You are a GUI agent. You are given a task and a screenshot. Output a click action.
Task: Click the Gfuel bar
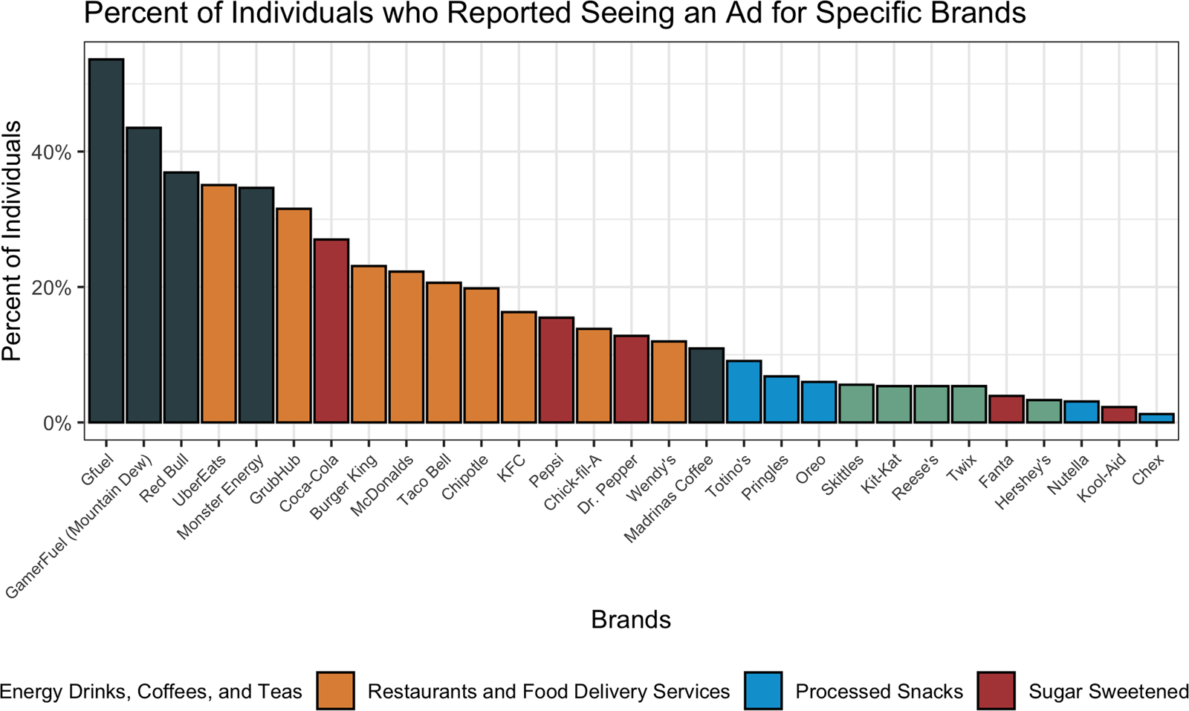click(106, 241)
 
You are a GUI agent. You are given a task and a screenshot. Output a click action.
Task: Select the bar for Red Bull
click(181, 297)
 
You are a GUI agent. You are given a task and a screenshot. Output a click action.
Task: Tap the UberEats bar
click(218, 304)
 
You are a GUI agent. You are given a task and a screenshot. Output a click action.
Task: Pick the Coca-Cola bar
click(331, 331)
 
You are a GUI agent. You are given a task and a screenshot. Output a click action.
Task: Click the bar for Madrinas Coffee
click(707, 385)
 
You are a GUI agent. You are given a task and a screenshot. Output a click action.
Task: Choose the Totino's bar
click(744, 392)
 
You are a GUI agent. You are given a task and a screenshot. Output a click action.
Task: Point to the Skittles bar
click(857, 403)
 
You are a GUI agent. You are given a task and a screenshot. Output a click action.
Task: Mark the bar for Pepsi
click(557, 370)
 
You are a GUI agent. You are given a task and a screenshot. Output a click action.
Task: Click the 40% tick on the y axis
click(51, 152)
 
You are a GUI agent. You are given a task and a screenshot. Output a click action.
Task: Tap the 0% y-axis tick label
click(56, 423)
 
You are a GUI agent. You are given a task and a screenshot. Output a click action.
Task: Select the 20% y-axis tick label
click(51, 288)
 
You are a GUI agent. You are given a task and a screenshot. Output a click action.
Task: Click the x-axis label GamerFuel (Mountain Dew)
click(80, 527)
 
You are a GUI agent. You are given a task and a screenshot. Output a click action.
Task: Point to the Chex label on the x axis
click(1148, 470)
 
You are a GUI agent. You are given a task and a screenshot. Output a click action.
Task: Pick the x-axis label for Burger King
click(343, 487)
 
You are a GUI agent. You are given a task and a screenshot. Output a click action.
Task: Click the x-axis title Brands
click(631, 620)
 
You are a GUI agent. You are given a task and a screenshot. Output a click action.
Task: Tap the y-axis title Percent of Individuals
click(13, 241)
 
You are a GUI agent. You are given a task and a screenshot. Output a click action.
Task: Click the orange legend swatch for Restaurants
click(335, 691)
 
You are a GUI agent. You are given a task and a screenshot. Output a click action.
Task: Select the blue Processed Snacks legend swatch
click(762, 691)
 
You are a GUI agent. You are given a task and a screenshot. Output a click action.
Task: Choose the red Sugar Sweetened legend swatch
click(996, 691)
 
